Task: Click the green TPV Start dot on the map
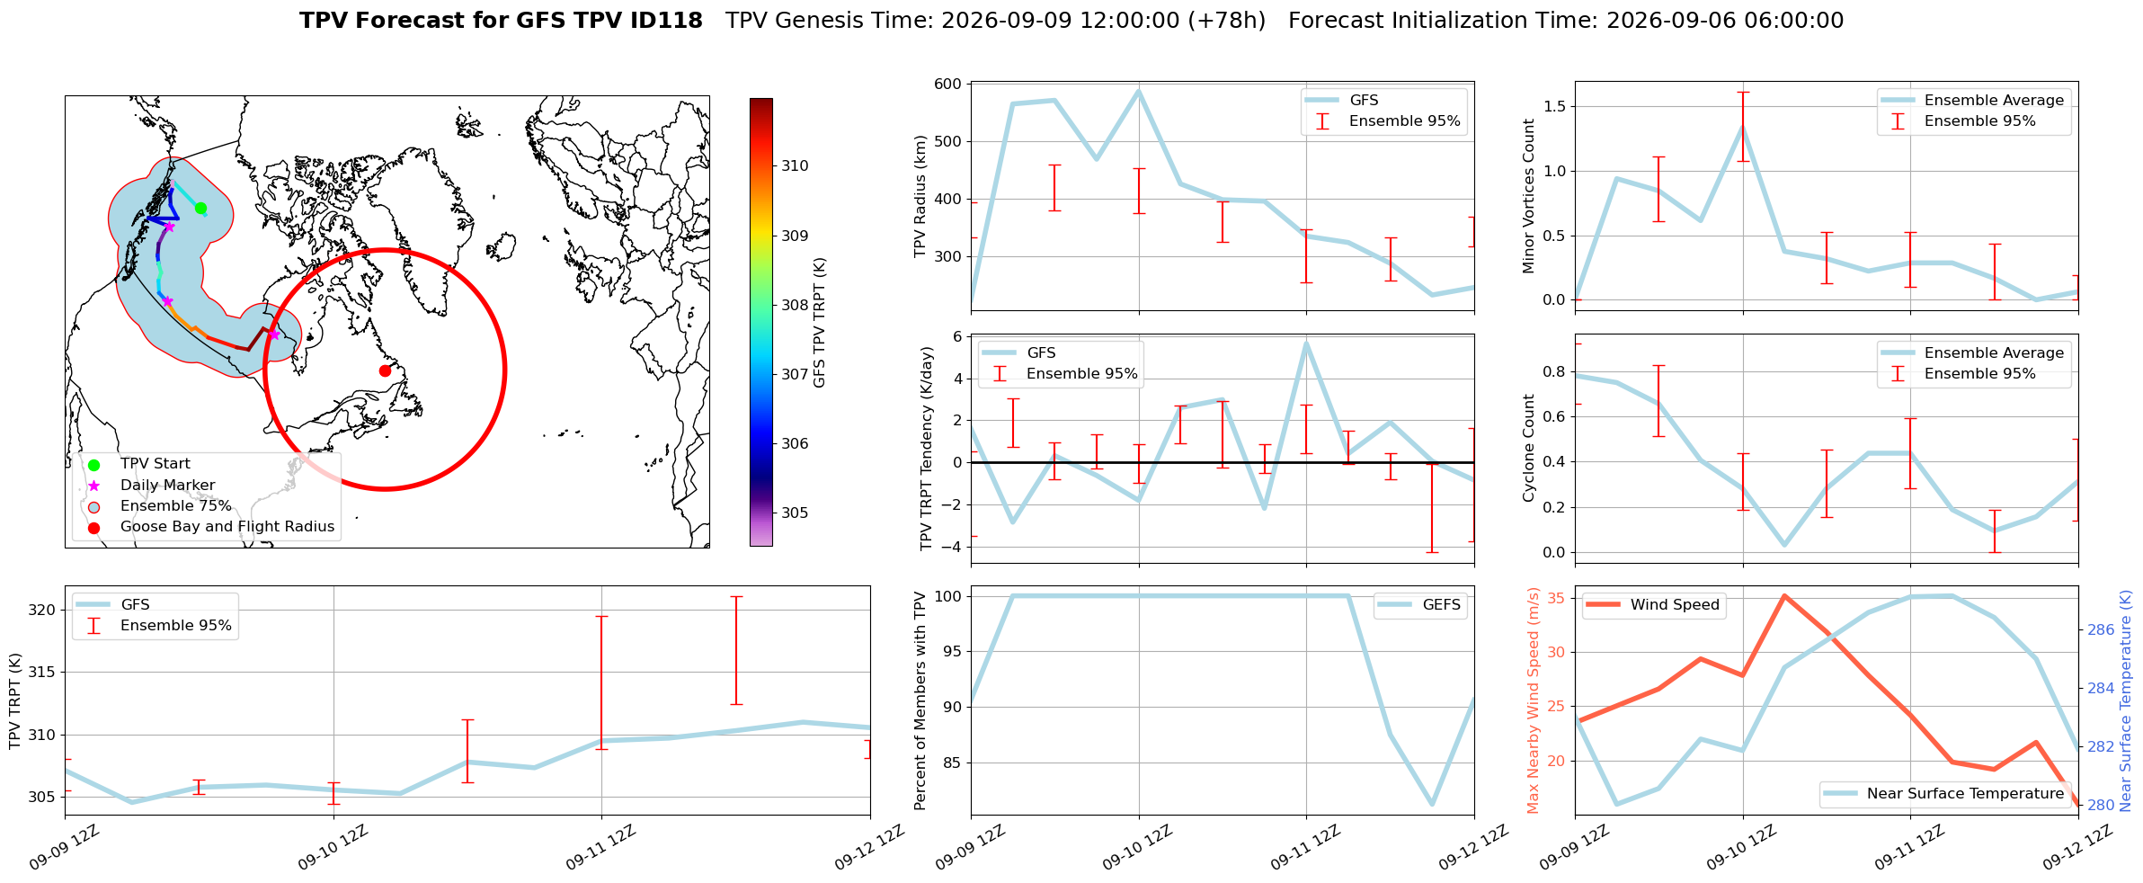(200, 209)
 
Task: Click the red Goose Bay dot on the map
(385, 370)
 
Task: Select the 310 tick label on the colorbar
(795, 166)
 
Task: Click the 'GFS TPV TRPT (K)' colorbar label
(819, 323)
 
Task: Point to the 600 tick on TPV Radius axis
(949, 85)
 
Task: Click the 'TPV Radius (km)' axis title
(920, 196)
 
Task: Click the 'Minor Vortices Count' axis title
(1529, 196)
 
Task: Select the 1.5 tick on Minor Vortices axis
(1553, 107)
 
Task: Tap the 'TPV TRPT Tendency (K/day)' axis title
(927, 449)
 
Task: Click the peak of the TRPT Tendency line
(1306, 343)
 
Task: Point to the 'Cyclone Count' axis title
(1529, 448)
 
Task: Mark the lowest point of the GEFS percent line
(1432, 805)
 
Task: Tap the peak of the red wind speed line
(1784, 595)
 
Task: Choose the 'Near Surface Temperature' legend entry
(1945, 794)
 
